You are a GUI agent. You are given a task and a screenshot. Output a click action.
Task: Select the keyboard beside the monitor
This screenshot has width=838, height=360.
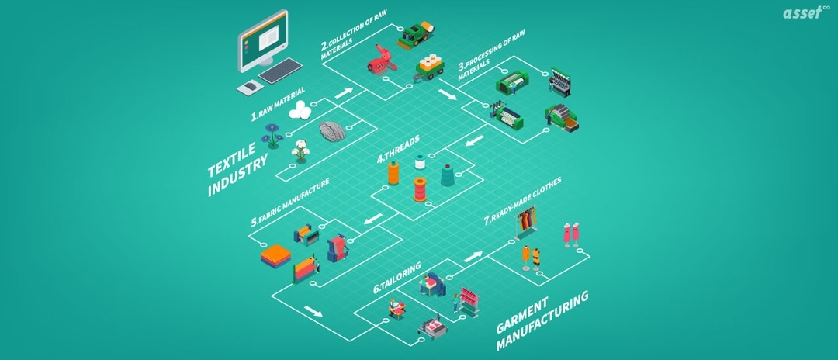pos(280,71)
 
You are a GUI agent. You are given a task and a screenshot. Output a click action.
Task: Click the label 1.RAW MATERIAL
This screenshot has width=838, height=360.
pos(277,106)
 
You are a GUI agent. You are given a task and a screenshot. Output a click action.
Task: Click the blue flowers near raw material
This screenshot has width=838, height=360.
pos(272,135)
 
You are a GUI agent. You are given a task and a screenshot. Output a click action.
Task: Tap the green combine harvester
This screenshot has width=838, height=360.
pos(420,34)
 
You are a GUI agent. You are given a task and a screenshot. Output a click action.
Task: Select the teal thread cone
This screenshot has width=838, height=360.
pos(448,175)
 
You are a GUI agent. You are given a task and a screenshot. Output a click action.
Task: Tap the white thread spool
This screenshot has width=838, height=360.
pos(420,161)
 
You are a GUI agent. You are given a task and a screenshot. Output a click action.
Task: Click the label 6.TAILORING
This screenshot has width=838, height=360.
pos(397,277)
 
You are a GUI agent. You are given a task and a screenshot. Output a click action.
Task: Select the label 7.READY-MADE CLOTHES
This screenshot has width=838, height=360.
pos(521,201)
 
